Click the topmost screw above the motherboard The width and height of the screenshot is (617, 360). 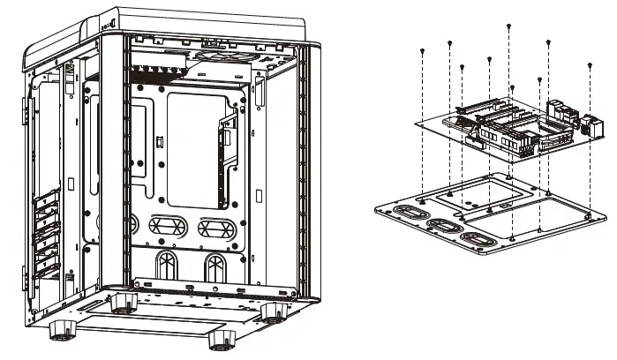click(x=509, y=26)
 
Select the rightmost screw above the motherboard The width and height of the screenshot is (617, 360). click(x=589, y=64)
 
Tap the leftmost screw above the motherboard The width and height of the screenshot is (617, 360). click(x=424, y=52)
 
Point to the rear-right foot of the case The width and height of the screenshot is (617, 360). click(x=275, y=311)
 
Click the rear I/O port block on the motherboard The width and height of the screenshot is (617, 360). click(x=566, y=117)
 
